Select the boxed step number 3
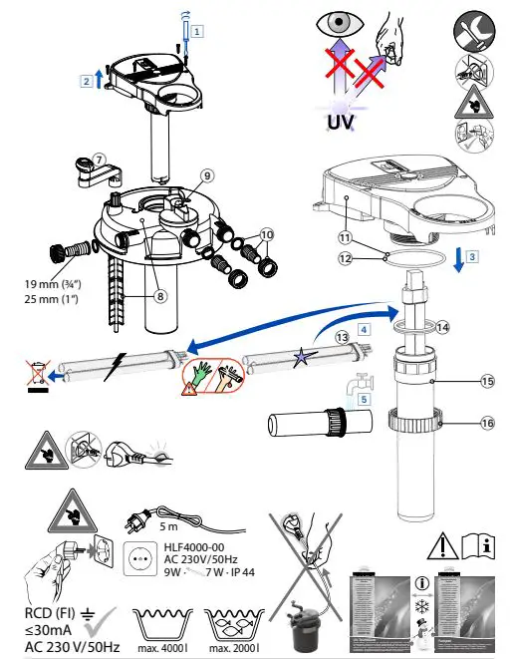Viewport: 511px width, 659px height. click(x=472, y=255)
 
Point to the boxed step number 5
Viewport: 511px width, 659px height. click(x=364, y=397)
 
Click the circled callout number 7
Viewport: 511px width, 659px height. click(x=99, y=159)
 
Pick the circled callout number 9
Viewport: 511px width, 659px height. click(x=207, y=175)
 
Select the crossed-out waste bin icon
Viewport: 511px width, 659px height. click(x=36, y=376)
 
